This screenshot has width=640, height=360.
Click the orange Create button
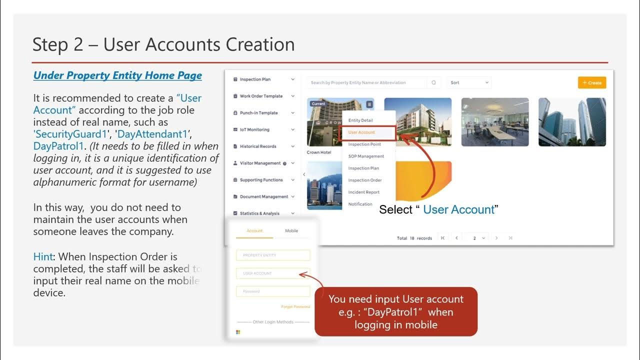click(592, 82)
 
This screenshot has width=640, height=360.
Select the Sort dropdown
click(469, 82)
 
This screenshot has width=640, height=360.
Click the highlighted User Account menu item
click(361, 132)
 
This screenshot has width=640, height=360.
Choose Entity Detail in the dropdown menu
click(360, 120)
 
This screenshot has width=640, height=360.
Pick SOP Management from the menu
click(366, 156)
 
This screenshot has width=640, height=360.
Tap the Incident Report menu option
click(363, 192)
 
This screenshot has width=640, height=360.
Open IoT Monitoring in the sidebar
click(254, 129)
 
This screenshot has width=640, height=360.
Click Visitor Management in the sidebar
click(260, 163)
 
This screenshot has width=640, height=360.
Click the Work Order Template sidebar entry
click(261, 96)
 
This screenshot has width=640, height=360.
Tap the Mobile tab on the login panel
click(291, 231)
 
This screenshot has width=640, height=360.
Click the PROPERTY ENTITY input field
click(273, 255)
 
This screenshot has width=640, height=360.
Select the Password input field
click(273, 291)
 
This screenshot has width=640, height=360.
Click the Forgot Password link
click(295, 306)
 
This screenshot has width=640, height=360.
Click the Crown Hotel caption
click(319, 152)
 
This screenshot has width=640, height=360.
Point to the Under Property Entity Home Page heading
click(117, 75)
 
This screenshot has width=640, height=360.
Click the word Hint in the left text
click(43, 257)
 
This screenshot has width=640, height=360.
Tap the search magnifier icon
click(433, 82)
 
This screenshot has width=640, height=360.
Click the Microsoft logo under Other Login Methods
click(238, 332)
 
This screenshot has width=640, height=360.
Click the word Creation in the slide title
click(260, 44)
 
